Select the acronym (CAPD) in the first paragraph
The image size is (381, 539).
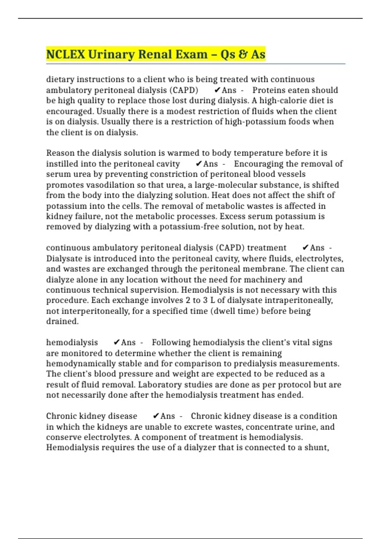[184, 90]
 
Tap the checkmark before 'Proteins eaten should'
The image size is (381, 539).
[217, 90]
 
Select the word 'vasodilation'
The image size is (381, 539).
[99, 185]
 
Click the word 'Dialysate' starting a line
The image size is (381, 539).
[66, 259]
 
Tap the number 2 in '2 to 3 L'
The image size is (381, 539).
[188, 300]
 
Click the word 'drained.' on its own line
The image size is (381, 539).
[62, 321]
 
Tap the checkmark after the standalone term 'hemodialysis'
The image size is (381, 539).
[117, 343]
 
